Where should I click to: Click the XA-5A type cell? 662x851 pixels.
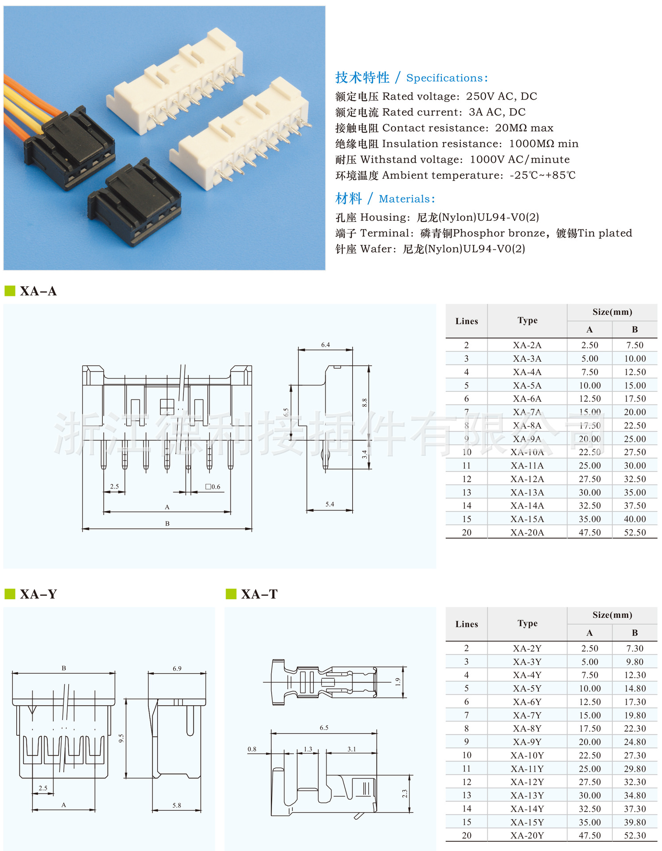pyautogui.click(x=527, y=385)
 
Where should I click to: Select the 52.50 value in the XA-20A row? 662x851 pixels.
pyautogui.click(x=635, y=532)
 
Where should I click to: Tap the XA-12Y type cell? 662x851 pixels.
pyautogui.click(x=527, y=782)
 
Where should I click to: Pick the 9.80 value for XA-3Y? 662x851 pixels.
pyautogui.click(x=635, y=662)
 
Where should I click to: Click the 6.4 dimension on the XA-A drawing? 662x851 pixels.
pyautogui.click(x=325, y=345)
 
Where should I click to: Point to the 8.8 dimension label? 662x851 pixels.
pyautogui.click(x=364, y=403)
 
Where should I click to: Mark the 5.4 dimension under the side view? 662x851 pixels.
pyautogui.click(x=330, y=504)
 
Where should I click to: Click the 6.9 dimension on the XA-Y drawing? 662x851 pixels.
pyautogui.click(x=177, y=668)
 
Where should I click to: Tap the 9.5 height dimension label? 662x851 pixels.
pyautogui.click(x=121, y=738)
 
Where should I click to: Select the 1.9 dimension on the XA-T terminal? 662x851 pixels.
pyautogui.click(x=397, y=682)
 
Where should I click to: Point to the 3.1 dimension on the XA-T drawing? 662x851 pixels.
pyautogui.click(x=351, y=749)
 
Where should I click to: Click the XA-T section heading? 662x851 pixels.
pyautogui.click(x=259, y=594)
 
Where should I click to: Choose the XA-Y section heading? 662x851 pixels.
pyautogui.click(x=39, y=594)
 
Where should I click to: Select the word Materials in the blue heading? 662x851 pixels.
pyautogui.click(x=404, y=199)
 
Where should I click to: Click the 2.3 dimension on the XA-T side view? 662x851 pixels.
pyautogui.click(x=404, y=794)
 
